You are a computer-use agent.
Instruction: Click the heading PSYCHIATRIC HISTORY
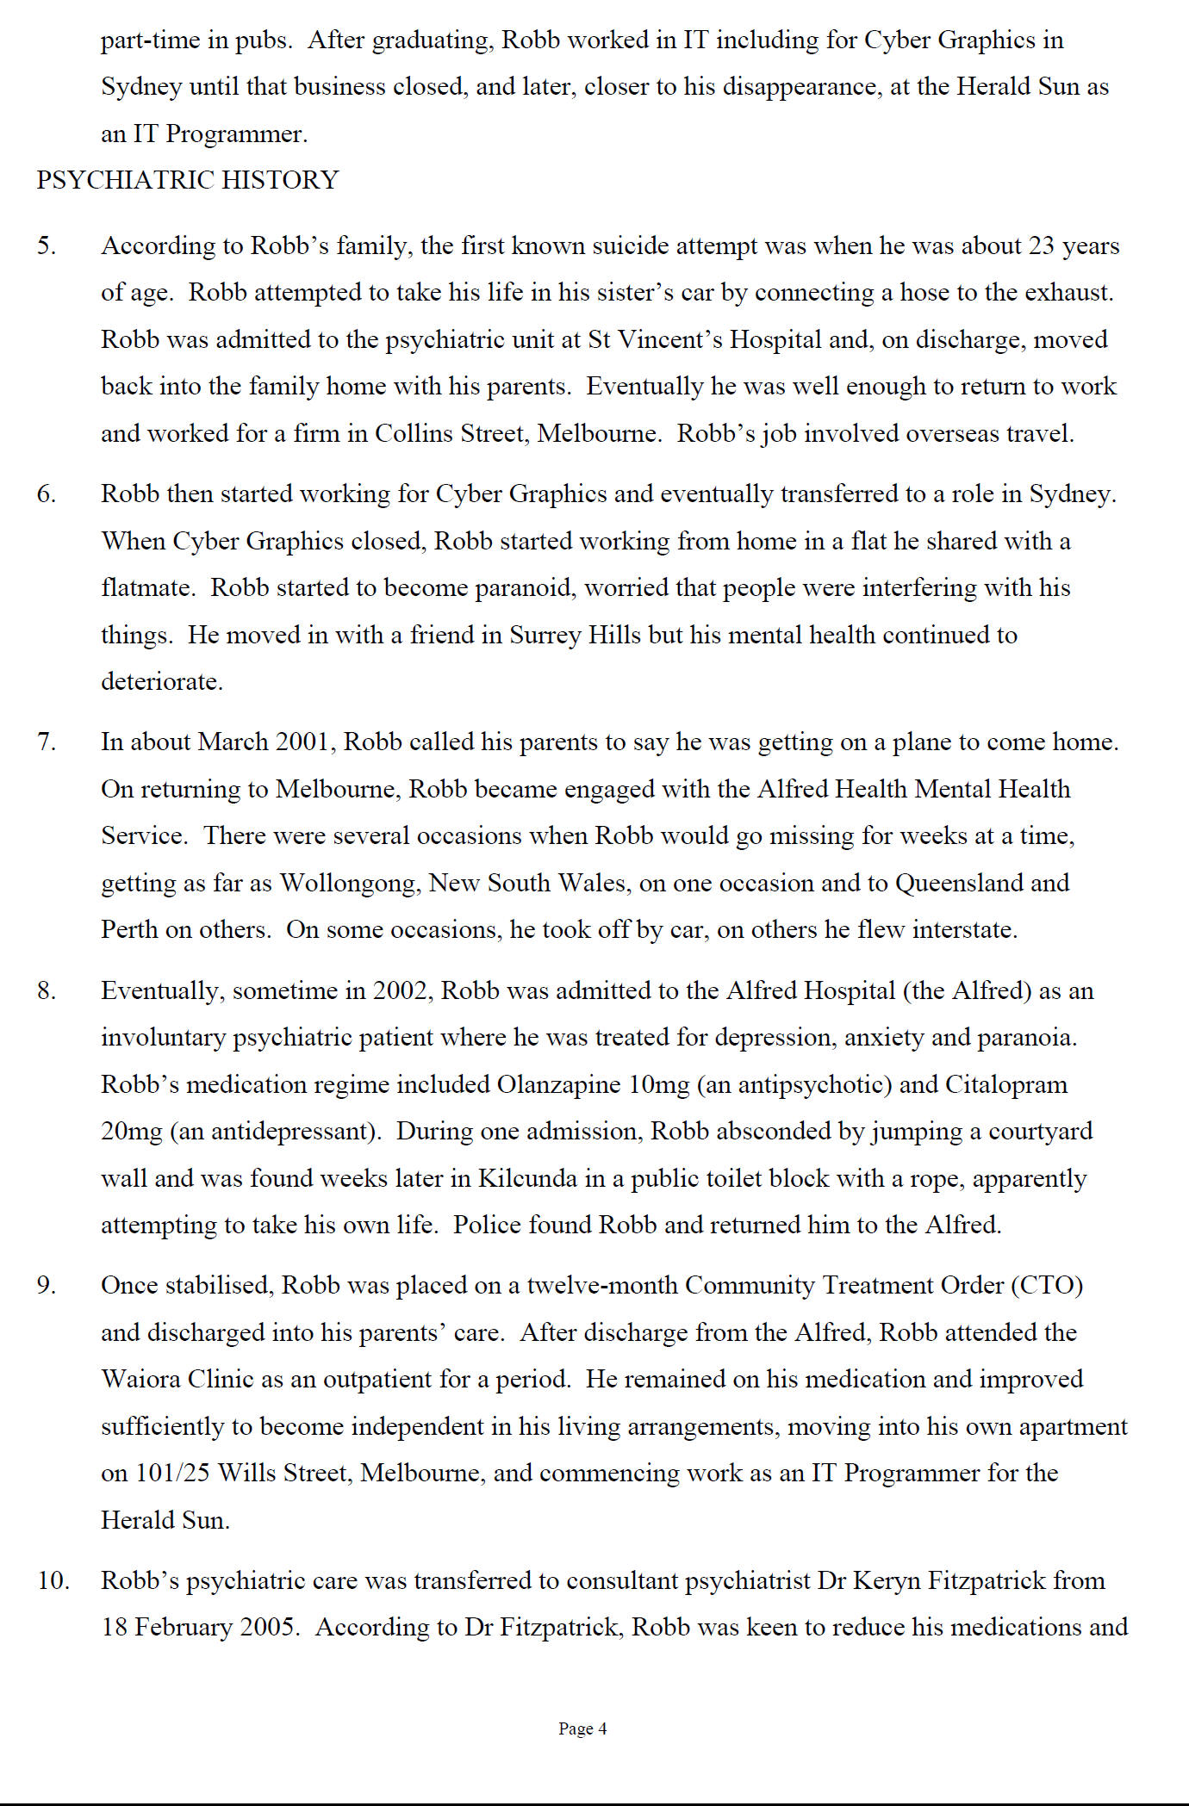click(188, 180)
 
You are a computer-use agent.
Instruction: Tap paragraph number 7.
click(47, 742)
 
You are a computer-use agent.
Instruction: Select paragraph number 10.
click(53, 1580)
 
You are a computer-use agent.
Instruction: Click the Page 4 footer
click(582, 1728)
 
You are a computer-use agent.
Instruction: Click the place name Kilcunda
click(527, 1177)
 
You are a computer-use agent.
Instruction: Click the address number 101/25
click(172, 1473)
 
